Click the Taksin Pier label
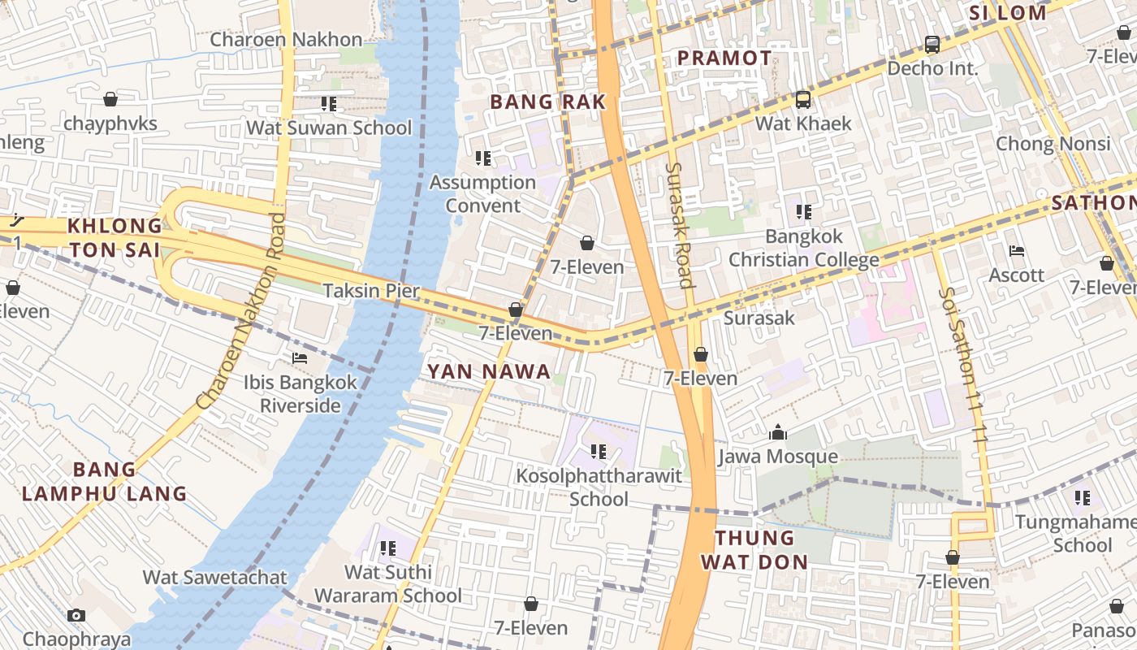coord(371,291)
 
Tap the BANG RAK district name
coord(548,102)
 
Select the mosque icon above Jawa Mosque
coord(778,432)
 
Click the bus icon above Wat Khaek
coord(802,100)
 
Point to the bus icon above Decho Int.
coord(932,45)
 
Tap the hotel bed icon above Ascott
coord(1016,251)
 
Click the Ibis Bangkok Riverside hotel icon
coord(300,358)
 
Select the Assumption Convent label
coord(482,193)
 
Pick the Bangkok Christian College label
coord(803,248)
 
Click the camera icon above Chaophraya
coord(76,615)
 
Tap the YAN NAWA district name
coord(489,372)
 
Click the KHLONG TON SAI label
coord(115,237)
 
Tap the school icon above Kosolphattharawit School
coord(599,452)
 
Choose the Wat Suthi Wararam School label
coord(388,584)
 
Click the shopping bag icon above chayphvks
coord(110,99)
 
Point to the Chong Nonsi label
coord(1053,144)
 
